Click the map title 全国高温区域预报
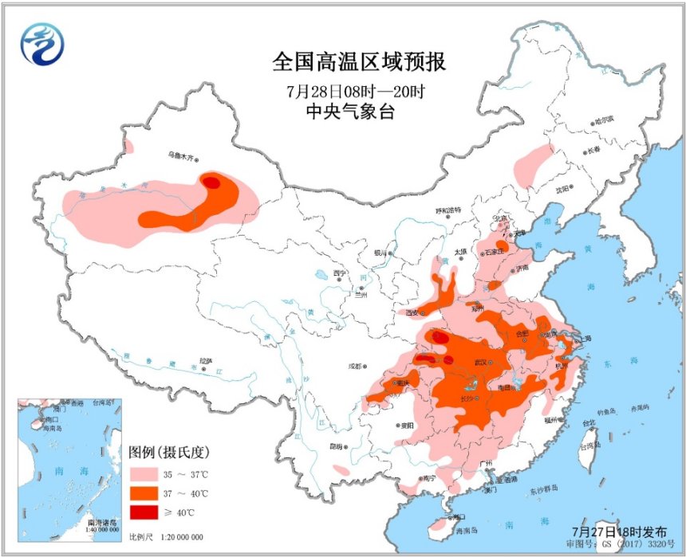pos(359,61)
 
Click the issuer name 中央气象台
pos(350,112)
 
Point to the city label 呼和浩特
pos(447,210)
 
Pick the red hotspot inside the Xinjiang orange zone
pos(211,182)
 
